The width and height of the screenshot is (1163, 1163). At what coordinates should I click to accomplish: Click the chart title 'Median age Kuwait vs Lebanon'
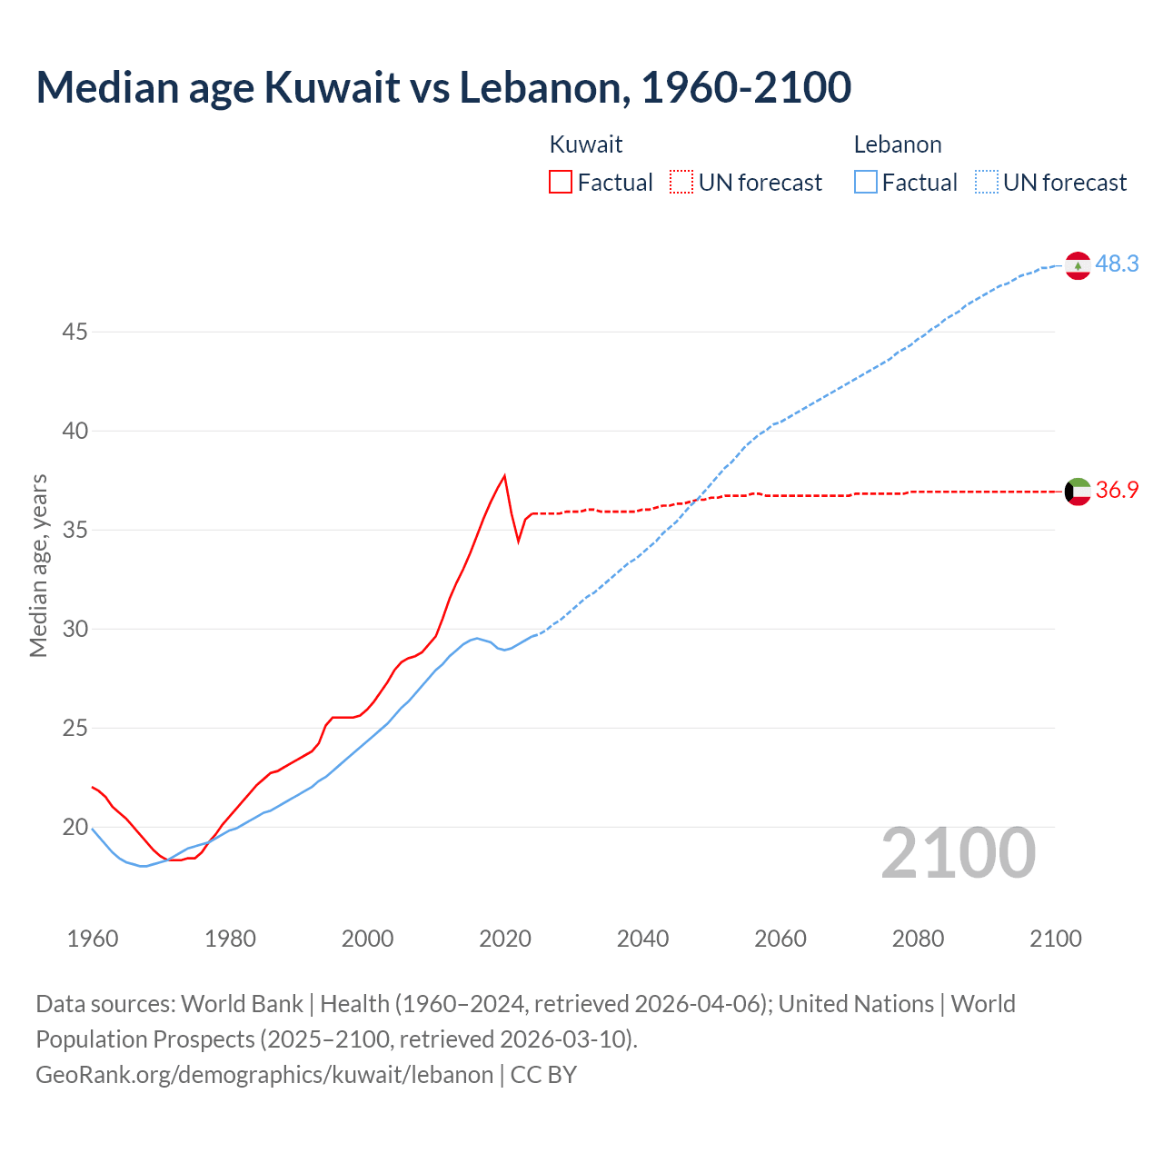coord(443,87)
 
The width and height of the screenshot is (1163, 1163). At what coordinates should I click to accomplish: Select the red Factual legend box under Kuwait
coord(561,182)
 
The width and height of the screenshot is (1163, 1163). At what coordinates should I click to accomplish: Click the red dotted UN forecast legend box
coord(681,182)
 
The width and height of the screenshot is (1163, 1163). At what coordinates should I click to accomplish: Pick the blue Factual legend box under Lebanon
coord(866,182)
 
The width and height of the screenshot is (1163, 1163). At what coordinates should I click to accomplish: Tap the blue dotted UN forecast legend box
coord(987,182)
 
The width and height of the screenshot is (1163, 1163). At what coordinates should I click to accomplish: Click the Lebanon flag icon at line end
coord(1078,265)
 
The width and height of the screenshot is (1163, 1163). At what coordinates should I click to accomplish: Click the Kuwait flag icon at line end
coord(1078,491)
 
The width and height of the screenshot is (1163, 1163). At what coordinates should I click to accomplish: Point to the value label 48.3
coord(1117,263)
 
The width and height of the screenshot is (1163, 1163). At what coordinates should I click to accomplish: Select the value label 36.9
coord(1117,490)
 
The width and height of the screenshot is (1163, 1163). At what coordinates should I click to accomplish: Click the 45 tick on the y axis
coord(75,333)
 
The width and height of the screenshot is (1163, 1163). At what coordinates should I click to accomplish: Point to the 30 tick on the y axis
coord(75,629)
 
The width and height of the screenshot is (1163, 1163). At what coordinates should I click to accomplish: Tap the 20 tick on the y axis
coord(75,827)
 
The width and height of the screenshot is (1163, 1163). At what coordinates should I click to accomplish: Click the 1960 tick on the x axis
coord(93,939)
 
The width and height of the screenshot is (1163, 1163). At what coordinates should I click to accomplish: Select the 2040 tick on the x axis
coord(642,939)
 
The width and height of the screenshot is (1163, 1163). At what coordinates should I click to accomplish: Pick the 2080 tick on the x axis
coord(918,939)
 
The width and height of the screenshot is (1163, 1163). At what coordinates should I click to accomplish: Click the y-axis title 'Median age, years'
coord(38,565)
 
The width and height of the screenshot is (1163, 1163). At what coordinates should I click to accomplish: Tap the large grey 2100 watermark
coord(958,852)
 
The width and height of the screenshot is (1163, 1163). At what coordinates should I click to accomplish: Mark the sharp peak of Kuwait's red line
coord(504,475)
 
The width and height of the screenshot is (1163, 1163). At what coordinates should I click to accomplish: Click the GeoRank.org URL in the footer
coord(263,1075)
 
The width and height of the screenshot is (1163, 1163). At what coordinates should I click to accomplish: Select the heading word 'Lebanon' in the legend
coord(898,144)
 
